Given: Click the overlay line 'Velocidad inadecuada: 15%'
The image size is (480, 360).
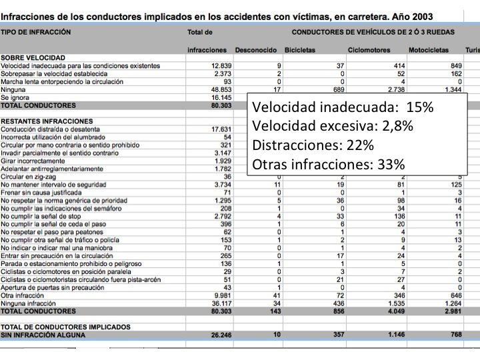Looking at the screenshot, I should point(343,108).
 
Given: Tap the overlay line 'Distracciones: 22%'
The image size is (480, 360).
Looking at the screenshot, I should point(313,145).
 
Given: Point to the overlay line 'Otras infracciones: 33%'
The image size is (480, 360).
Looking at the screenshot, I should point(328,164).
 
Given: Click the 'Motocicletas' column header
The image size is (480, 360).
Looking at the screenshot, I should point(431,50).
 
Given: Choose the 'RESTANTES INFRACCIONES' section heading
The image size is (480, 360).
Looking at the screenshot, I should point(37,121).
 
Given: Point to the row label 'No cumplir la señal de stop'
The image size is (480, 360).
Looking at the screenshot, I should point(41,216).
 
